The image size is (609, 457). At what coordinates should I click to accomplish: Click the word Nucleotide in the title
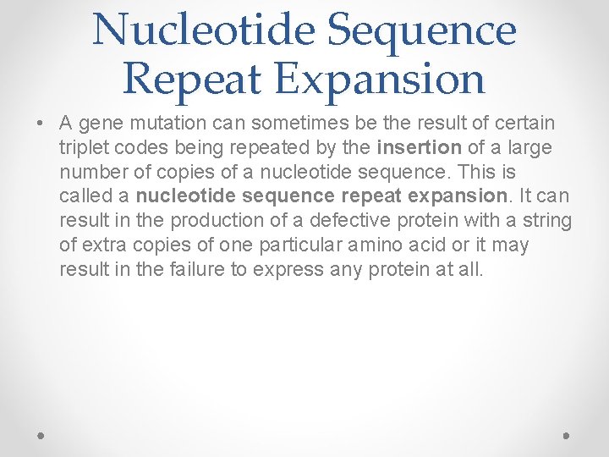[204, 30]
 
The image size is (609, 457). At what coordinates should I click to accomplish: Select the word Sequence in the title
[421, 30]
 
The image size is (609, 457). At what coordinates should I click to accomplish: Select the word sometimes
[278, 124]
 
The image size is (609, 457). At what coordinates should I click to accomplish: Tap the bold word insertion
[419, 148]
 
